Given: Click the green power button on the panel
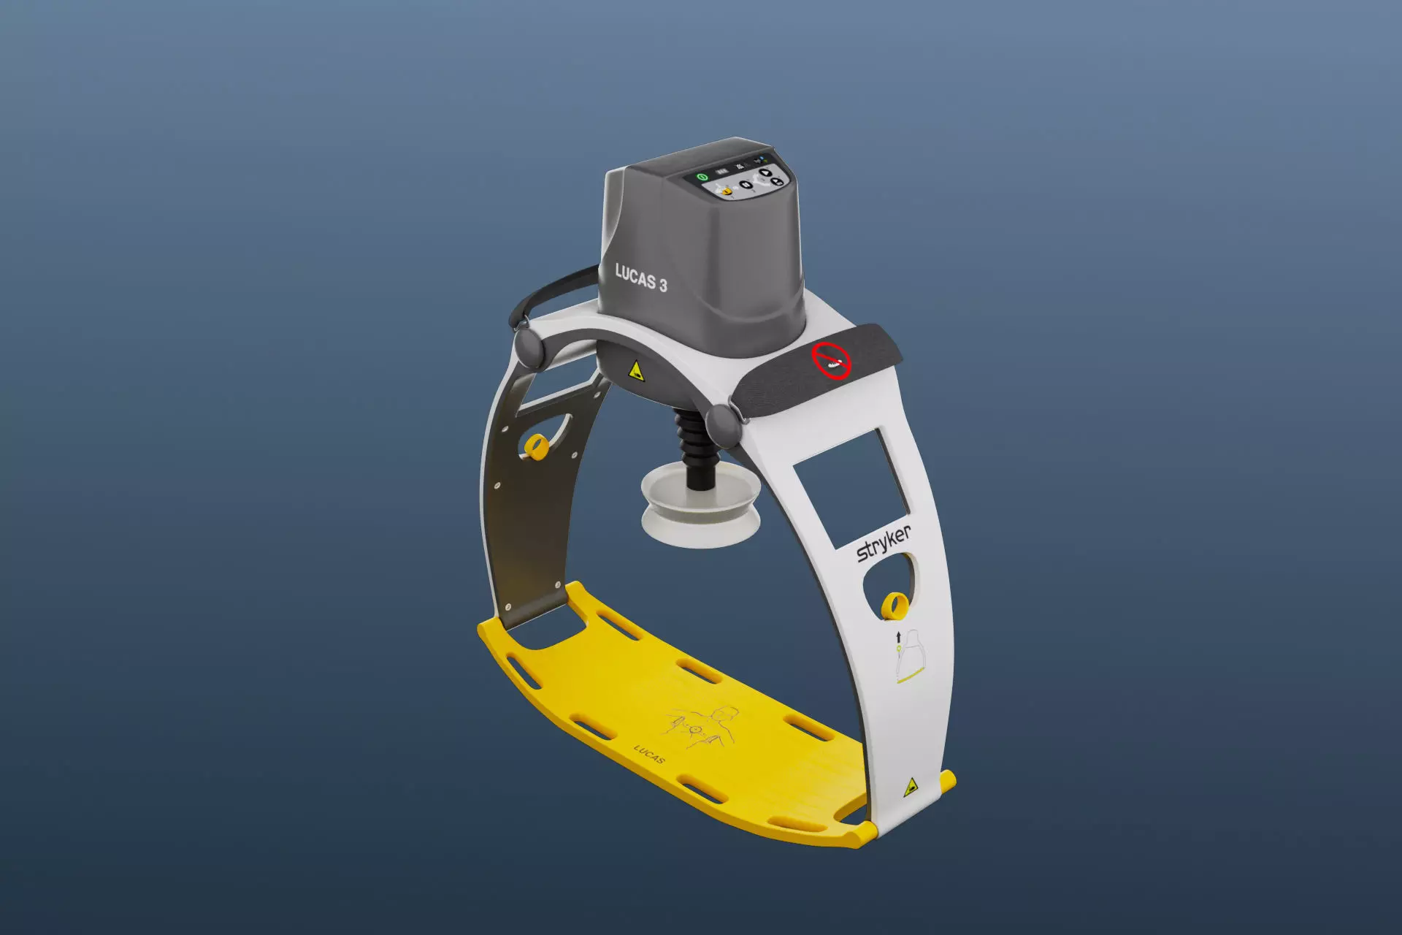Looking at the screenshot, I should click(702, 178).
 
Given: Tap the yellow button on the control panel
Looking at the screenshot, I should click(727, 191).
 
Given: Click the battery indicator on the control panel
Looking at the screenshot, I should click(722, 171).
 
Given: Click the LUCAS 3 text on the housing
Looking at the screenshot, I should click(640, 278).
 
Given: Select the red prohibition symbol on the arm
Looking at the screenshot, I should click(832, 360).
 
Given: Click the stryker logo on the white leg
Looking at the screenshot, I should click(884, 543).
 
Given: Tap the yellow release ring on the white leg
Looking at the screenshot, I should click(894, 606).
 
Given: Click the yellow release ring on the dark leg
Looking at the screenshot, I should click(537, 446).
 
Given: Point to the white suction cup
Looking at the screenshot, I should click(700, 511).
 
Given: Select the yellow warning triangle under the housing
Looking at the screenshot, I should click(636, 371).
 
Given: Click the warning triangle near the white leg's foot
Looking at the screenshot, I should click(911, 787).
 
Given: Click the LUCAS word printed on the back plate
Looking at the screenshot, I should click(649, 755).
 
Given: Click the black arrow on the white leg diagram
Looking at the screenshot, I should click(898, 638).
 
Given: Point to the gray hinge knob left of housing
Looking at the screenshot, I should click(528, 348).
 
